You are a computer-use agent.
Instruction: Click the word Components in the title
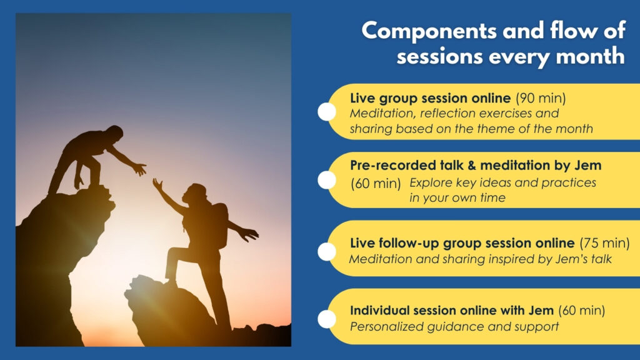[x=429, y=31]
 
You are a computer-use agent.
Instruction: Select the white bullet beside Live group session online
[x=327, y=111]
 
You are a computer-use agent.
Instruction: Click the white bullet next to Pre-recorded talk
[x=327, y=180]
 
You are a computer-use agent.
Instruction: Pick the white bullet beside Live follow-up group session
[x=327, y=251]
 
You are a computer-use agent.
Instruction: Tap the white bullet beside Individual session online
[x=327, y=319]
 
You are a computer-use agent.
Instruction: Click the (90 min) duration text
[x=541, y=98]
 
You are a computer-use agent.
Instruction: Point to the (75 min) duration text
[x=605, y=243]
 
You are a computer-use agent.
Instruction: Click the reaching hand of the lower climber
[x=157, y=184]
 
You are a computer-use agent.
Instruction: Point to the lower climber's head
[x=195, y=193]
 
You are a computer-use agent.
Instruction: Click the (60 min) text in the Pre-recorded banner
[x=376, y=183]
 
